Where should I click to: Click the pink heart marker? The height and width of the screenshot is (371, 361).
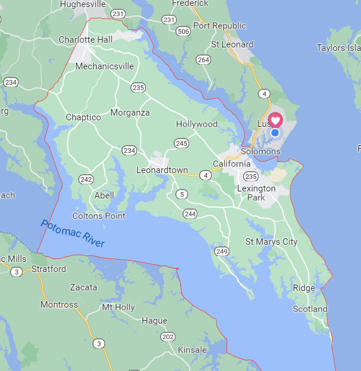point(276,120)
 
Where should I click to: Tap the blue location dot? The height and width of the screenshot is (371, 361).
point(275,133)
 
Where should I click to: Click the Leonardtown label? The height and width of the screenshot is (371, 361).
point(162,169)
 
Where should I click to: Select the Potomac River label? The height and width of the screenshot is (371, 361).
point(72,233)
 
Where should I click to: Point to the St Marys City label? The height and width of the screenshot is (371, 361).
point(271,242)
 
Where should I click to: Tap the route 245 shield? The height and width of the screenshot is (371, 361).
point(181,143)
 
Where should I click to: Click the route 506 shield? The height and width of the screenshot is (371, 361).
point(183,31)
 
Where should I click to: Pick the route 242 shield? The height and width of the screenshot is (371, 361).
point(86,179)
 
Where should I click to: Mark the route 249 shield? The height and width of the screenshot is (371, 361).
point(222,252)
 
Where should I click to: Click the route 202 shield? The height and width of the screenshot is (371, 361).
point(168,337)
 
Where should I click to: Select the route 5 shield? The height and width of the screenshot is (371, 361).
point(181,194)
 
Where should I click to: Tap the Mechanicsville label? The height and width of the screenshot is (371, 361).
point(104,66)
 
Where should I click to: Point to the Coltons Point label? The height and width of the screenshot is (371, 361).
point(99,216)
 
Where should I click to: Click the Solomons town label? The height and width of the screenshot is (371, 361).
point(260,151)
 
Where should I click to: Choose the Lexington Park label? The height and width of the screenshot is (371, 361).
point(257,193)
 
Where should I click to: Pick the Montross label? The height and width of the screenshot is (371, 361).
point(59,305)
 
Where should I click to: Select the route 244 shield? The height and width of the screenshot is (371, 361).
point(190,213)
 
